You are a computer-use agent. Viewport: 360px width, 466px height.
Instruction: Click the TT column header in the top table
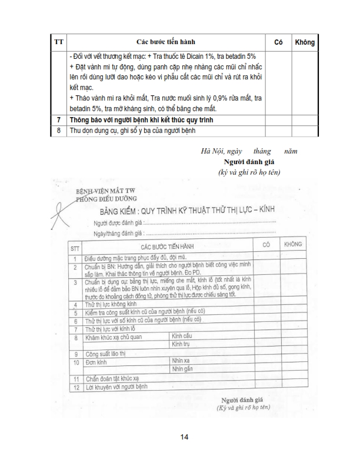click(59, 42)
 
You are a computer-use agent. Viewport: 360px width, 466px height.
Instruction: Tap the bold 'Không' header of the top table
click(304, 42)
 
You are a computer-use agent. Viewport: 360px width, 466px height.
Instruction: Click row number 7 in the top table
click(59, 120)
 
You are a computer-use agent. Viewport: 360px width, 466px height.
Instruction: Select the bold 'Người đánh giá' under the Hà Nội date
click(249, 162)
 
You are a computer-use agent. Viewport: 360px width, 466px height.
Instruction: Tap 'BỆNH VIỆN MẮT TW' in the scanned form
click(105, 192)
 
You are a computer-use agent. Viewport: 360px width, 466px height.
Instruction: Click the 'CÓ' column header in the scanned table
click(266, 244)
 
